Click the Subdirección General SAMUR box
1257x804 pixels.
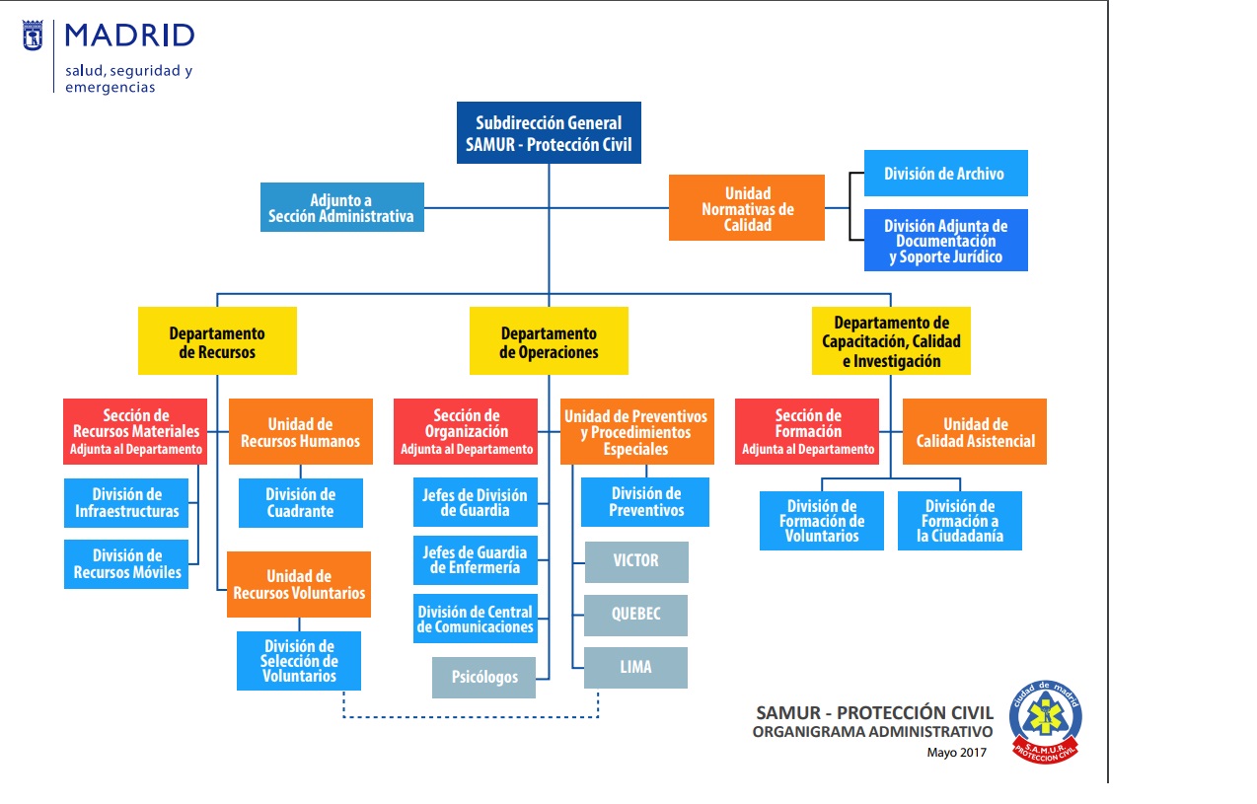tap(549, 133)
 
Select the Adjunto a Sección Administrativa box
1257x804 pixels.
tap(341, 207)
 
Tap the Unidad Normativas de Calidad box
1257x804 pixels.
tap(747, 208)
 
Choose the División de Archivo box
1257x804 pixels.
tap(945, 174)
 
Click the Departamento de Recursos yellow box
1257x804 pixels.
tap(217, 341)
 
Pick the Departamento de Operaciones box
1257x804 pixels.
tap(549, 341)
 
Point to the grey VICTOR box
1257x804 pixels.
tap(635, 560)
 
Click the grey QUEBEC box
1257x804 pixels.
tap(635, 614)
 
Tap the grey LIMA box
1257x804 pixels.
tap(635, 667)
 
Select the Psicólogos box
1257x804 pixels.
tap(483, 678)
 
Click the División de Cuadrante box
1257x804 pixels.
tap(300, 503)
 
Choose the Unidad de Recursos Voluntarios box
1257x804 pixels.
tap(299, 584)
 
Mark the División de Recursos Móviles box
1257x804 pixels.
tap(126, 564)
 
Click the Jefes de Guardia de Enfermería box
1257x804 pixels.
tap(475, 560)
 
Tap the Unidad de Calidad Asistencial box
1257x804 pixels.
tap(975, 432)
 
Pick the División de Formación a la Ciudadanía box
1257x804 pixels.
tap(959, 521)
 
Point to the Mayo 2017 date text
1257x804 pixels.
tap(956, 753)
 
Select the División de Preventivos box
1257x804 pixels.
tap(645, 502)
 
